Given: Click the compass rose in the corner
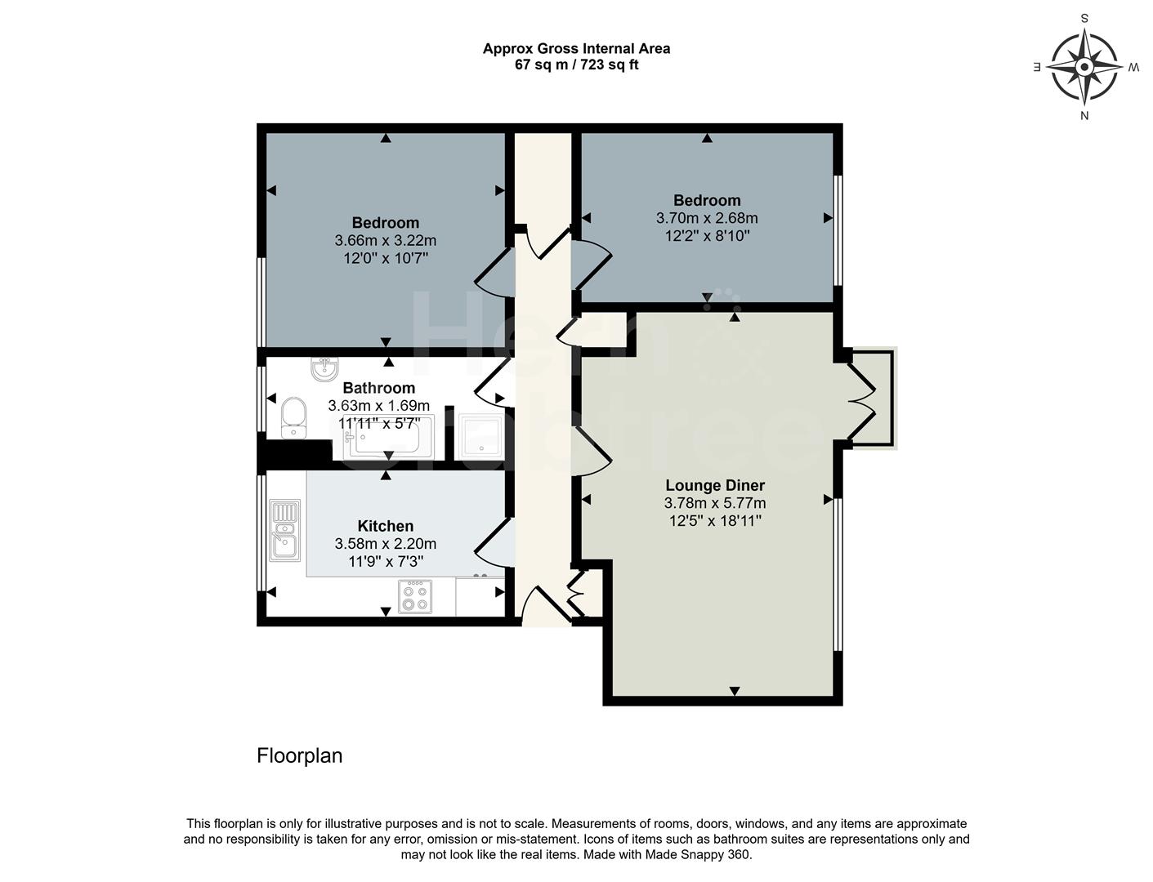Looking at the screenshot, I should coord(1084,66).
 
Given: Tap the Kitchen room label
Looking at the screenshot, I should coord(385,527).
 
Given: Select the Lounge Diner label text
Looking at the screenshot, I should coord(715,485).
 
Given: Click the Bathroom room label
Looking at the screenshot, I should coord(378,388).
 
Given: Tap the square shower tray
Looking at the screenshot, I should coord(483,436).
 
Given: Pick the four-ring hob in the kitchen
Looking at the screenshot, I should coord(414,595).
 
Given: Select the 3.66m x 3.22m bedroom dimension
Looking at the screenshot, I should coord(385,241).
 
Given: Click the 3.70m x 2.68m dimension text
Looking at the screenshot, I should coord(707,218).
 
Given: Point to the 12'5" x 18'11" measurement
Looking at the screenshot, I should coord(715,521).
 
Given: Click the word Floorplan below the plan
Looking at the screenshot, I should coord(299,755).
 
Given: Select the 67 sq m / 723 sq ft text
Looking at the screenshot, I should coord(576,65).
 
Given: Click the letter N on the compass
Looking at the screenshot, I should coord(1084,115).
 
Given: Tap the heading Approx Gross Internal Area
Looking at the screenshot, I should coord(576,48).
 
